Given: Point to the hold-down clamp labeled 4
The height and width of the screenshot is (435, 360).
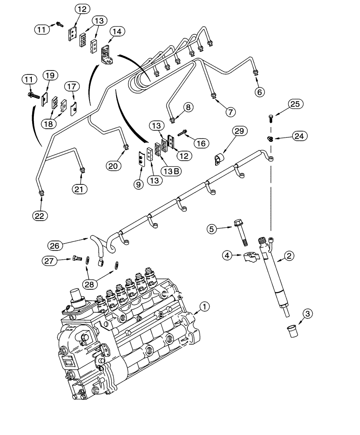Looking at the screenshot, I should pyautogui.click(x=251, y=258).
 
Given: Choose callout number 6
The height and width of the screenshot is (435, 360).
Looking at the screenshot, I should pyautogui.click(x=259, y=92).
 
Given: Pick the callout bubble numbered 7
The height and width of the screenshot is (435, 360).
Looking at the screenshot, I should pyautogui.click(x=230, y=111).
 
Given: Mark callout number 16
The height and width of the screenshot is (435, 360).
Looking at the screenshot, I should pyautogui.click(x=202, y=143).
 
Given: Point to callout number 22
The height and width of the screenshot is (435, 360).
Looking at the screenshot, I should pyautogui.click(x=40, y=215).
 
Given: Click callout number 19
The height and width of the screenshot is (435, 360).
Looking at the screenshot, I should pyautogui.click(x=50, y=76).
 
